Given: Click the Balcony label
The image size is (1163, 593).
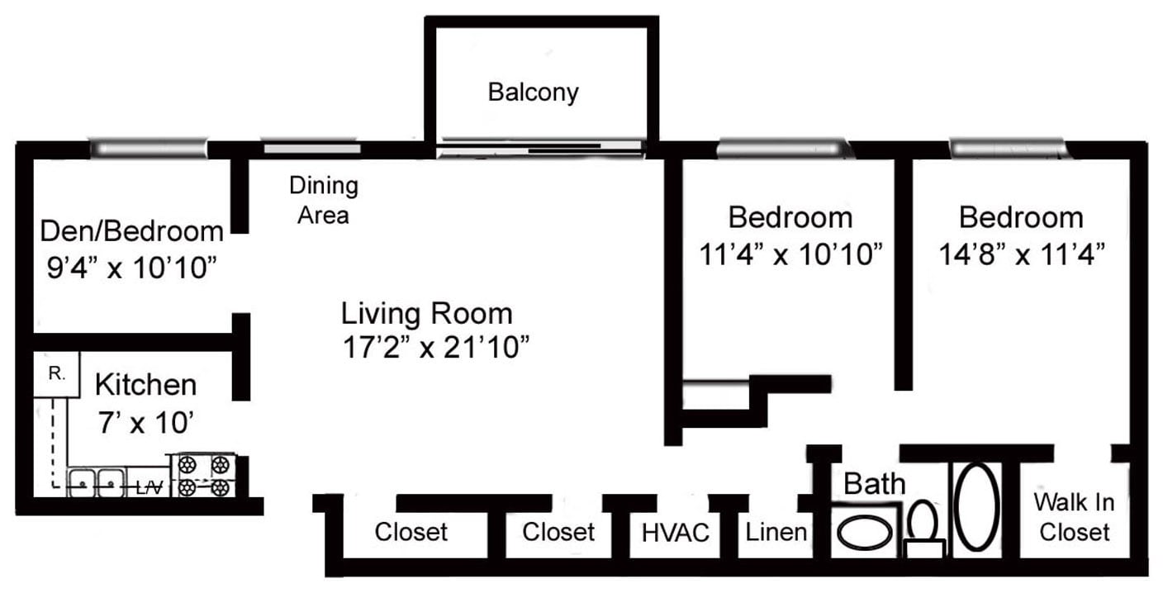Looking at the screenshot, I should coord(533,91).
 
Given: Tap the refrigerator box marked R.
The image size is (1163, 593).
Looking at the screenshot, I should coord(56,374).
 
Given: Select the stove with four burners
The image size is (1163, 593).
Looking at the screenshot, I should coord(203,476).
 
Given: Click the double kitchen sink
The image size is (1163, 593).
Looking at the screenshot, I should coord(96,482).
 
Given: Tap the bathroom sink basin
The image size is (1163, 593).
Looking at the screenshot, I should coord(864,533).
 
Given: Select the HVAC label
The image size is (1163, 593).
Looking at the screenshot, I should coord(675,533).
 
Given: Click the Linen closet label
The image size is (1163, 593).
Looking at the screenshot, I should coord(776,531).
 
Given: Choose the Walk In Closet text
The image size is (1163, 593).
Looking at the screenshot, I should coord(1074,516).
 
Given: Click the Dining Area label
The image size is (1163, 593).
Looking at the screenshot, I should coord(323,200).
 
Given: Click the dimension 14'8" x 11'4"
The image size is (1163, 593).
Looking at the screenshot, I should coord(1022,254).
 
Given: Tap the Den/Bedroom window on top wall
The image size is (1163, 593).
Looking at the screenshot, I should coord(148,149).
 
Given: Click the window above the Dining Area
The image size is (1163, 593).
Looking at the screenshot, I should coord(311,149).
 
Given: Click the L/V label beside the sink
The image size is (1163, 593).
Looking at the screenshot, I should coord(149,488).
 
